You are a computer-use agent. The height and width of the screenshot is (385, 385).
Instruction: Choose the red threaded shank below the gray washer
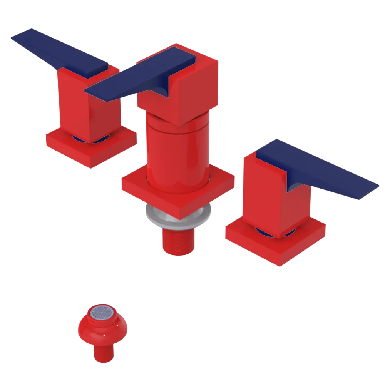(177, 241)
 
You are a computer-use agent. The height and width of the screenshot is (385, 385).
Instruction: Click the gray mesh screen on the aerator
(102, 312)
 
